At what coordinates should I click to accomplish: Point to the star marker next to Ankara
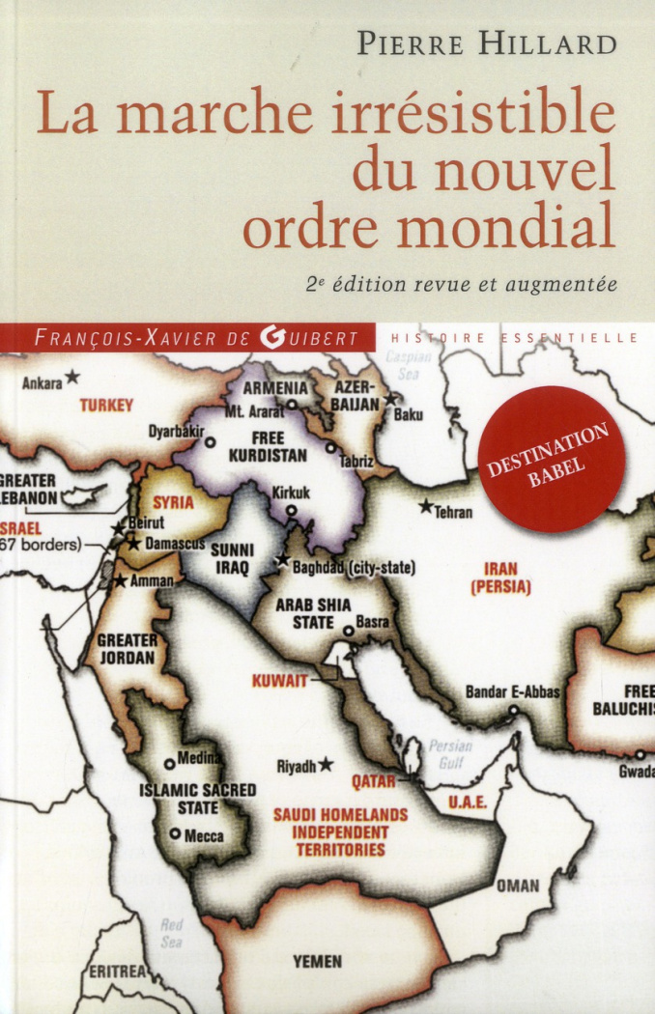[x=73, y=378]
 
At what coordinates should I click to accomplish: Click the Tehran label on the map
[x=454, y=512]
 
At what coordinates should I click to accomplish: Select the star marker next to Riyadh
[x=327, y=764]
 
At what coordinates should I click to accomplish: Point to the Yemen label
[x=317, y=962]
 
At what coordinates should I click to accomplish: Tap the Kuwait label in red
[x=279, y=681]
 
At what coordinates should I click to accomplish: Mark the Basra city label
[x=372, y=623]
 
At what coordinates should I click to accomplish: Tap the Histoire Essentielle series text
[x=514, y=337]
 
